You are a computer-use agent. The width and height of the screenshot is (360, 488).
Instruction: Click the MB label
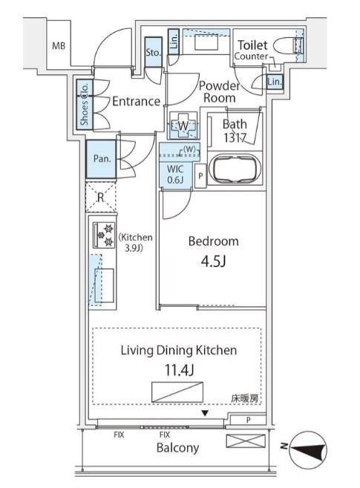(x=59, y=46)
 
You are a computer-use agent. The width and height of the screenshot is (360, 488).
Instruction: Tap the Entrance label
(x=136, y=102)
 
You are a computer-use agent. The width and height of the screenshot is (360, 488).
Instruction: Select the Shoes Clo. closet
(x=85, y=104)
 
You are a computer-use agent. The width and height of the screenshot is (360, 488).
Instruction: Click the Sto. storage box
(x=153, y=52)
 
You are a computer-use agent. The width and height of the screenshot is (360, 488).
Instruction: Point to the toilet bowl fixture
(x=288, y=46)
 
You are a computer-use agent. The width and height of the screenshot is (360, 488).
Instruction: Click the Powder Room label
(x=220, y=92)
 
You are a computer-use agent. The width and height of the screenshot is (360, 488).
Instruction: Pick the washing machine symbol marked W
(x=183, y=126)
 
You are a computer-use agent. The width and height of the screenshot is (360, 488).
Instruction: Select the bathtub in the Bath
(x=235, y=169)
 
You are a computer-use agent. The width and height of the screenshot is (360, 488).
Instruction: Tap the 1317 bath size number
(x=235, y=137)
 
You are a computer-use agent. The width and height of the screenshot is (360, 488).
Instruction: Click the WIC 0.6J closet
(x=175, y=175)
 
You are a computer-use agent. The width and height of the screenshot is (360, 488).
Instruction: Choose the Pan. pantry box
(x=102, y=159)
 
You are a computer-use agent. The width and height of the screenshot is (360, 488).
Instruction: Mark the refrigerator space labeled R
(x=101, y=198)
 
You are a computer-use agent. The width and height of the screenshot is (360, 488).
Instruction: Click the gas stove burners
(x=104, y=235)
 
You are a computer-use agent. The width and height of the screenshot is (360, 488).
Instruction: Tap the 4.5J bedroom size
(x=213, y=261)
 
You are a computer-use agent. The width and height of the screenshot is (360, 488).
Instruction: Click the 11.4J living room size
(x=180, y=371)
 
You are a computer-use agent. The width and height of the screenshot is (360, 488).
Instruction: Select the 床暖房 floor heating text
(x=245, y=398)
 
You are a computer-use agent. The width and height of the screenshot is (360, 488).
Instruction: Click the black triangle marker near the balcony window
(x=205, y=413)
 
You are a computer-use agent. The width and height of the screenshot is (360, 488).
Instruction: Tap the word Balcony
(x=177, y=448)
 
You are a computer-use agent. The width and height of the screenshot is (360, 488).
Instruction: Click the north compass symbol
(x=308, y=449)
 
